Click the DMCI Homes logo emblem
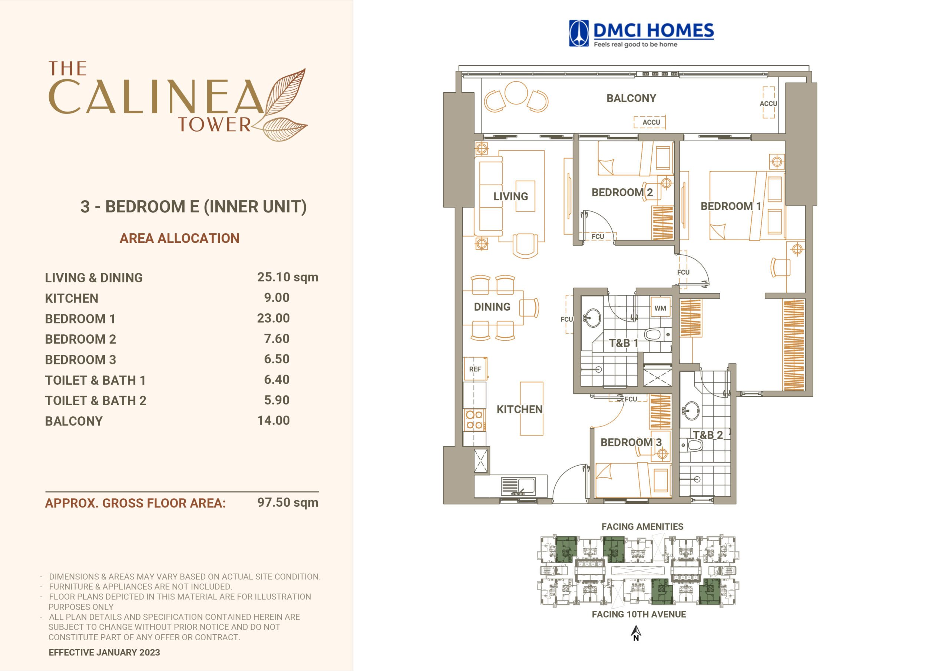(x=579, y=33)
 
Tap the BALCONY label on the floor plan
(x=631, y=98)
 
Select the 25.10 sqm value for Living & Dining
(x=288, y=277)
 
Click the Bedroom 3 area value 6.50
(x=277, y=359)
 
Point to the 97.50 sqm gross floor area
(x=288, y=502)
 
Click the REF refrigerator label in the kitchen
(x=475, y=369)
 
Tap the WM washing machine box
(x=660, y=308)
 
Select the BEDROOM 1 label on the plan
(x=731, y=206)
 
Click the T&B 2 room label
(x=708, y=435)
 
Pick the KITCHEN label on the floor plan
(x=520, y=409)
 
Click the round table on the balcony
(x=516, y=93)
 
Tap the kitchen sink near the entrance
(x=518, y=486)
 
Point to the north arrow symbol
(x=636, y=633)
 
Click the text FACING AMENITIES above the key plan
(x=642, y=527)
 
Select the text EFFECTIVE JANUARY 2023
(x=104, y=652)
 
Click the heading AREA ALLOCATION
(x=179, y=238)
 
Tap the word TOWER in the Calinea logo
(x=214, y=125)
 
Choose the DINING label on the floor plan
(x=492, y=307)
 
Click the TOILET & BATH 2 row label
(x=96, y=401)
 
